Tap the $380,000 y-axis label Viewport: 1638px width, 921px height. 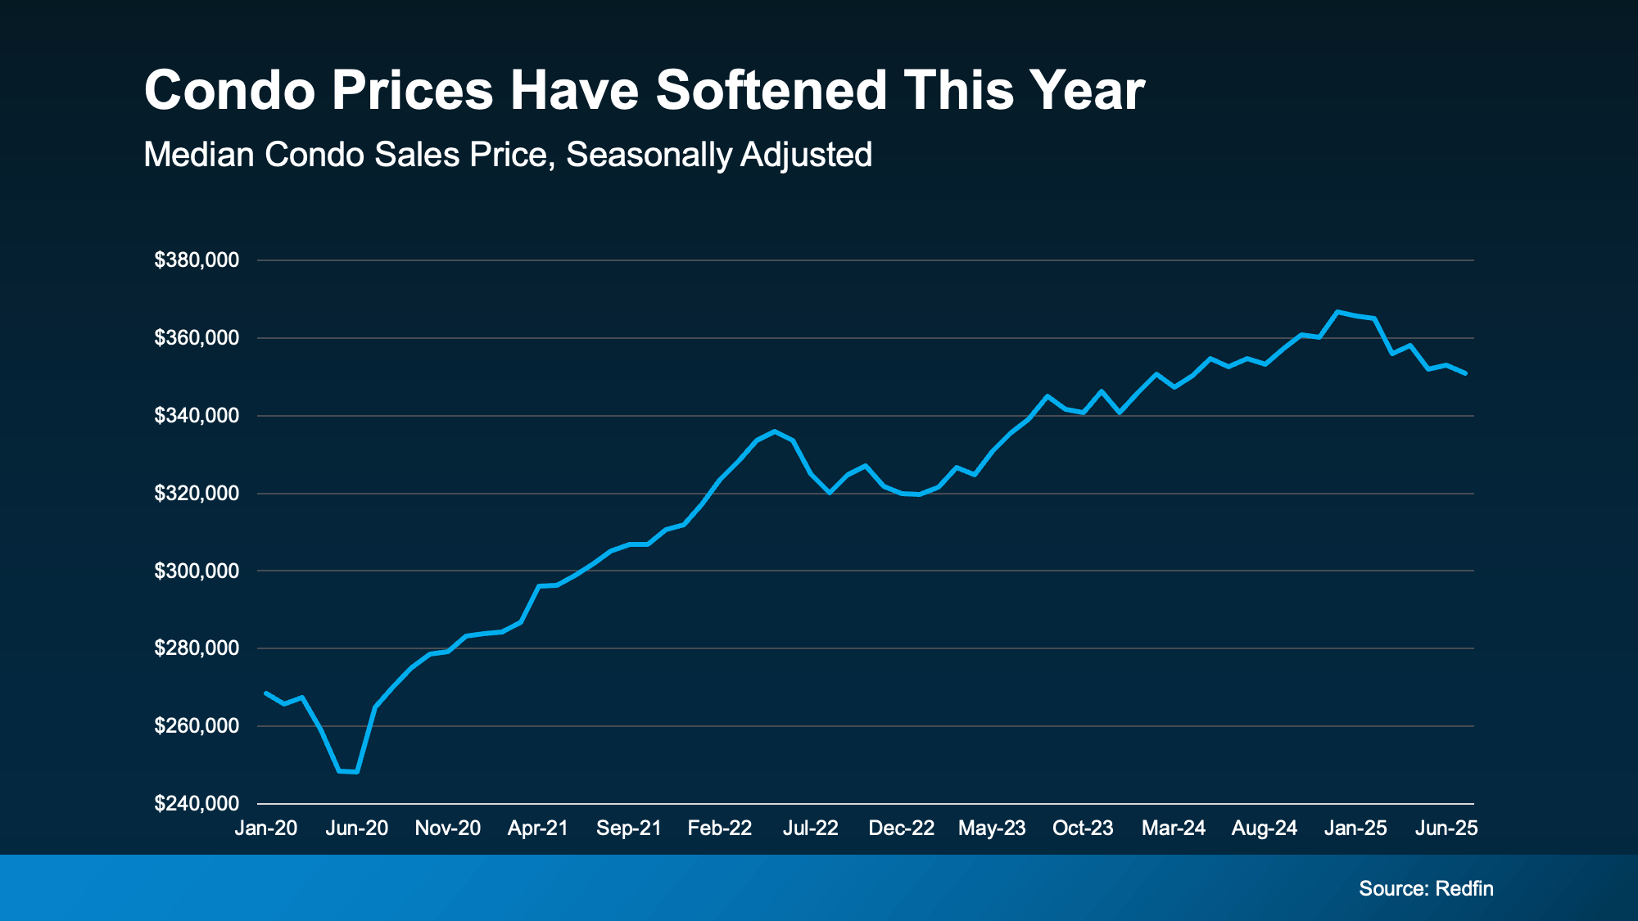point(197,260)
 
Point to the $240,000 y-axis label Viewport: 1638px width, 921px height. point(197,804)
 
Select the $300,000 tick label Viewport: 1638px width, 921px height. point(197,571)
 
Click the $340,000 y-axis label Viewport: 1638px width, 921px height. point(197,416)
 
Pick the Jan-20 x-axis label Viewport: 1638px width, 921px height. point(266,828)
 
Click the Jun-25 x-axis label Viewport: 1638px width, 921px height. point(1446,828)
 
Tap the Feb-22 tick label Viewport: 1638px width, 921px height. point(719,828)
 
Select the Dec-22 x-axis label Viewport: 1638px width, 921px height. point(901,828)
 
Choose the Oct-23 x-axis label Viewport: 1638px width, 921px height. point(1083,828)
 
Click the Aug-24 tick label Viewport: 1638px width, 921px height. point(1265,828)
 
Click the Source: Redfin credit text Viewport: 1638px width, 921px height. point(1426,889)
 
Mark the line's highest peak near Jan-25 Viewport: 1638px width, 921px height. point(1337,312)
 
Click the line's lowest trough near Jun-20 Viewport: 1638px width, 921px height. point(348,771)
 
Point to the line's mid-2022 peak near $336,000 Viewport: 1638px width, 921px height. point(774,431)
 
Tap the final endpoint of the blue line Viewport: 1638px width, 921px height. point(1465,373)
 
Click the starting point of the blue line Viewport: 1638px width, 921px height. point(266,693)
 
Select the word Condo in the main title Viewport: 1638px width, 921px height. point(229,90)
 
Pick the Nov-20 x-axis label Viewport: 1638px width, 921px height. point(448,828)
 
